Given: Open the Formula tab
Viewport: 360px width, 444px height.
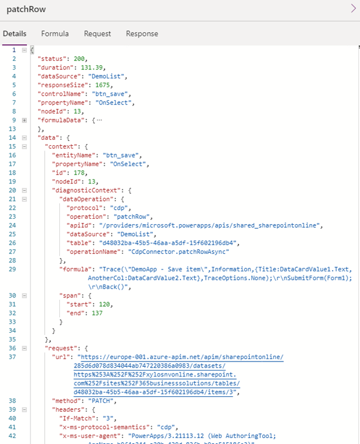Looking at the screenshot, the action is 54,33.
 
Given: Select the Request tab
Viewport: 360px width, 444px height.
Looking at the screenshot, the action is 97,33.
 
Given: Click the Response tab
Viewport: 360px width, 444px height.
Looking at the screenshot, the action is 142,33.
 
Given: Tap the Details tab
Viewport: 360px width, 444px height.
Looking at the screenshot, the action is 14,33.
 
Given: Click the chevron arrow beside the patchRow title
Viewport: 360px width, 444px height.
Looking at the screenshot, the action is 353,8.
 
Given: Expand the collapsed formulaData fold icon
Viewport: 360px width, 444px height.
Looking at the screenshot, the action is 25,120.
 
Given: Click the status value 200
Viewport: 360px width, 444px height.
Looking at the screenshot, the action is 79,59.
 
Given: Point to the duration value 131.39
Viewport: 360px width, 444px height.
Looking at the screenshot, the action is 91,68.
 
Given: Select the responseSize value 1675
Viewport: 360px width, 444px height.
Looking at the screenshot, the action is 102,85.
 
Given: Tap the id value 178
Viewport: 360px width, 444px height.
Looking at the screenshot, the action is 79,173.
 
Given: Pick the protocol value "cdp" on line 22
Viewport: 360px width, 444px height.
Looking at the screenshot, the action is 119,208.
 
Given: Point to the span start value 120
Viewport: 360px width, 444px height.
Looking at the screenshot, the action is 104,304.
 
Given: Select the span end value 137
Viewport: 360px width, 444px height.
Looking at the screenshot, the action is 97,313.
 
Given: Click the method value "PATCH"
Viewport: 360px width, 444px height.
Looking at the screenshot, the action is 101,401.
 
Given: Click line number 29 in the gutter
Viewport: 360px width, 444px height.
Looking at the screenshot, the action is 12,270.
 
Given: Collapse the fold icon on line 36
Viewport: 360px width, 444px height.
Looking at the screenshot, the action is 25,348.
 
